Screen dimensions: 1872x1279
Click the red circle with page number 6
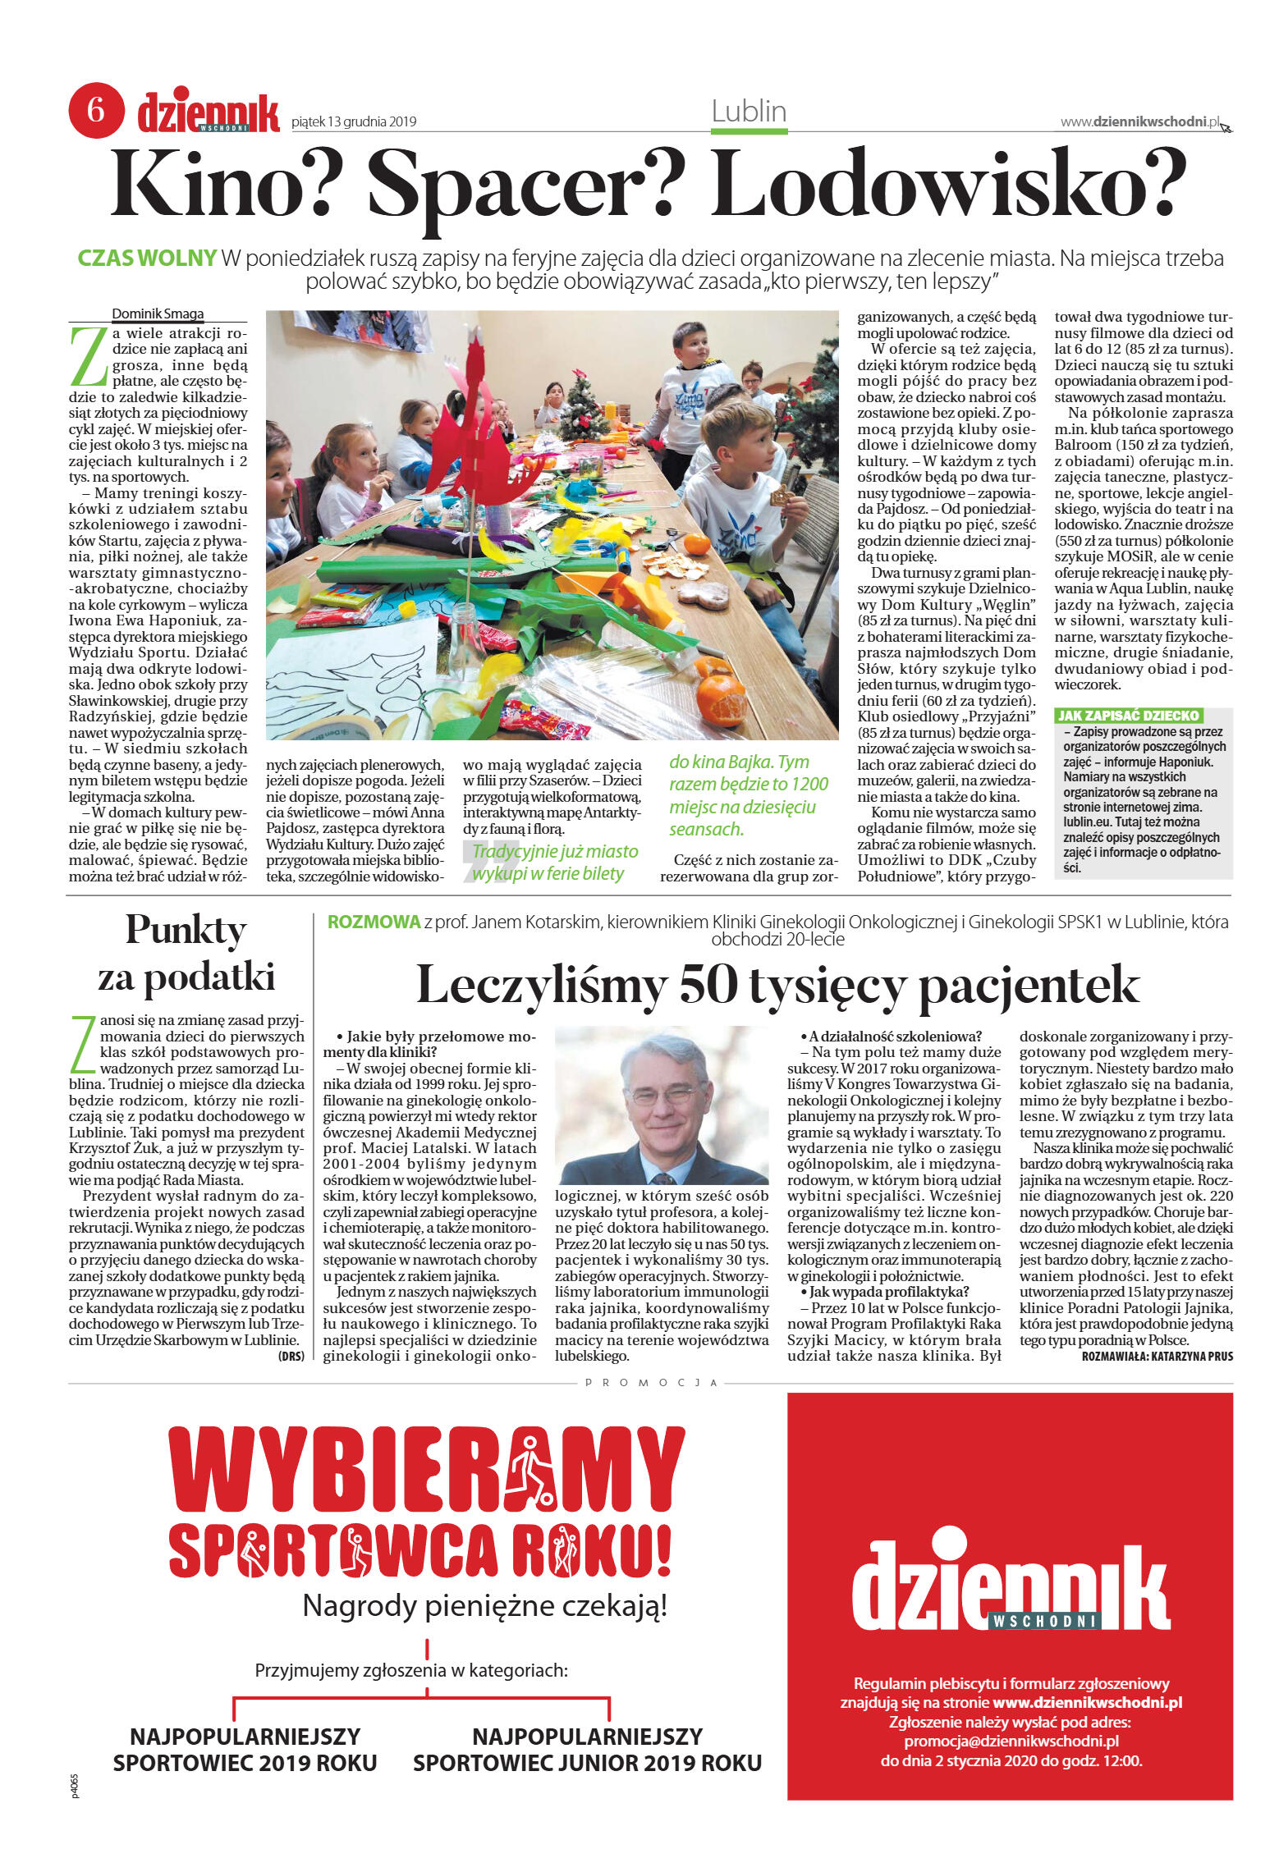click(x=96, y=110)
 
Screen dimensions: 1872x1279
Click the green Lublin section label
click(x=749, y=112)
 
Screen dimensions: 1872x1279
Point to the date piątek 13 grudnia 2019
click(x=354, y=122)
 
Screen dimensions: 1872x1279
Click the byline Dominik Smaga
click(x=158, y=314)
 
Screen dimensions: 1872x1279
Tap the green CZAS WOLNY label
click(x=147, y=258)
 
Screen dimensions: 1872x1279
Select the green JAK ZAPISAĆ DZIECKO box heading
click(x=1128, y=716)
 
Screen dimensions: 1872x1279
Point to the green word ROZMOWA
click(x=374, y=922)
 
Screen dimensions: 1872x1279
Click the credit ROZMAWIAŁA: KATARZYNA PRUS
click(x=1157, y=1357)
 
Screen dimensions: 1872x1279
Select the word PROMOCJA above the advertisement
click(x=652, y=1383)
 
